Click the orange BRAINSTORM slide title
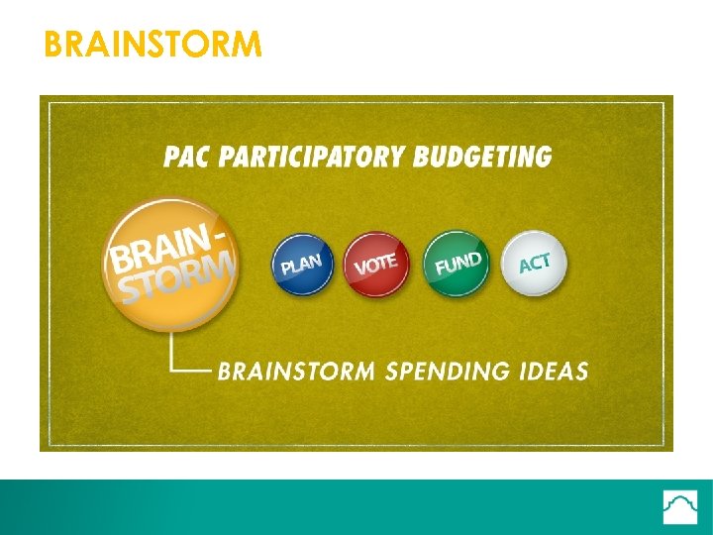click(x=153, y=45)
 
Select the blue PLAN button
click(x=302, y=264)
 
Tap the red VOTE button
click(x=376, y=264)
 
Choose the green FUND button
click(x=456, y=263)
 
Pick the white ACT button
click(x=534, y=264)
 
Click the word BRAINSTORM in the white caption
click(x=296, y=373)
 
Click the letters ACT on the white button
click(x=535, y=264)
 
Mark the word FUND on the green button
click(x=458, y=265)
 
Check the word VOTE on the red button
click(x=376, y=265)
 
